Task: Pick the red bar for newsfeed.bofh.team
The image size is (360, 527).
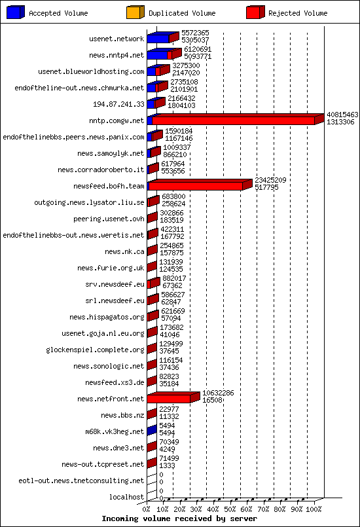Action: tap(196, 186)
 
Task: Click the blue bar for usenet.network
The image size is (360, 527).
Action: tap(158, 39)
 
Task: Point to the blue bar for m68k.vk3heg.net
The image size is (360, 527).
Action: tap(151, 431)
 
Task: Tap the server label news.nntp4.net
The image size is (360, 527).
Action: tap(116, 55)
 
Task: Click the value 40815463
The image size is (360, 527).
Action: tap(342, 115)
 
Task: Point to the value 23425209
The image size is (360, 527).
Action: tap(270, 180)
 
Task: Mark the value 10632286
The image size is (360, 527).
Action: tap(218, 393)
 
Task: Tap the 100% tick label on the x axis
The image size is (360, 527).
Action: tap(314, 509)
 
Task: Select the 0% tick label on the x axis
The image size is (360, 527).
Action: tap(147, 509)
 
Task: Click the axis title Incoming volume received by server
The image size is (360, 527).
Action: tap(179, 518)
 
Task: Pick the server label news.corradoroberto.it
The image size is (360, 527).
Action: tap(109, 170)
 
